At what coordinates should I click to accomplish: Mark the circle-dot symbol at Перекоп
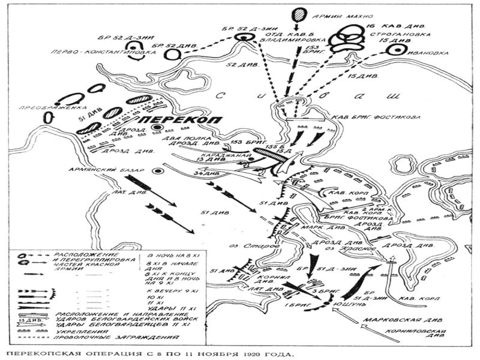click(157, 128)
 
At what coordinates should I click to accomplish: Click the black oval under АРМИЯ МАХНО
click(298, 14)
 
